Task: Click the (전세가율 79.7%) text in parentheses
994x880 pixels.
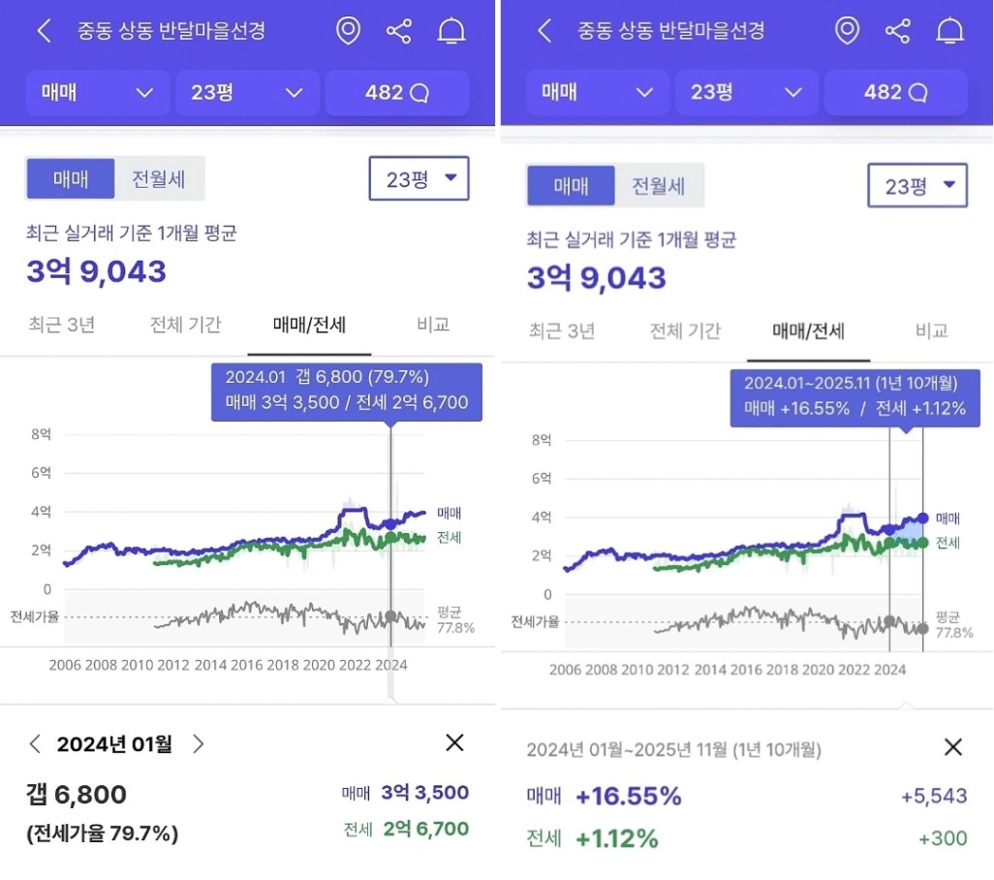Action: click(102, 833)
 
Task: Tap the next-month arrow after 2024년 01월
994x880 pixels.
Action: click(199, 744)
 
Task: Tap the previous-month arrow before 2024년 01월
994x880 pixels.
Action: click(36, 744)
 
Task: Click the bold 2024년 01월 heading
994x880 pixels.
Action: click(114, 744)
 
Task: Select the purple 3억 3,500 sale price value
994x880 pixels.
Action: click(424, 793)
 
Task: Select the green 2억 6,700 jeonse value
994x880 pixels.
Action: click(424, 830)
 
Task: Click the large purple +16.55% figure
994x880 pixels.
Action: click(628, 797)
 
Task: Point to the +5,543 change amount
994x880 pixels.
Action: click(933, 797)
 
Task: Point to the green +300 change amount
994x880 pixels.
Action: click(942, 838)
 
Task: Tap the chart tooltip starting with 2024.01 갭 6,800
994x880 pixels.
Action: click(346, 391)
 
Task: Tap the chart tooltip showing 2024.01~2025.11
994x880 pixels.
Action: click(854, 396)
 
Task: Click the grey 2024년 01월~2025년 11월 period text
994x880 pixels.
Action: click(673, 749)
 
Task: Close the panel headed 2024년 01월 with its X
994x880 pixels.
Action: click(454, 743)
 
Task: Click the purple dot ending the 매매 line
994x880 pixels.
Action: click(922, 519)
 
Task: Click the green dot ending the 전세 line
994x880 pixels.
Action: click(922, 543)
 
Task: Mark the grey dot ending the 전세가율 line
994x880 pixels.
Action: click(922, 626)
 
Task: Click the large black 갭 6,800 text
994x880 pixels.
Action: click(77, 795)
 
